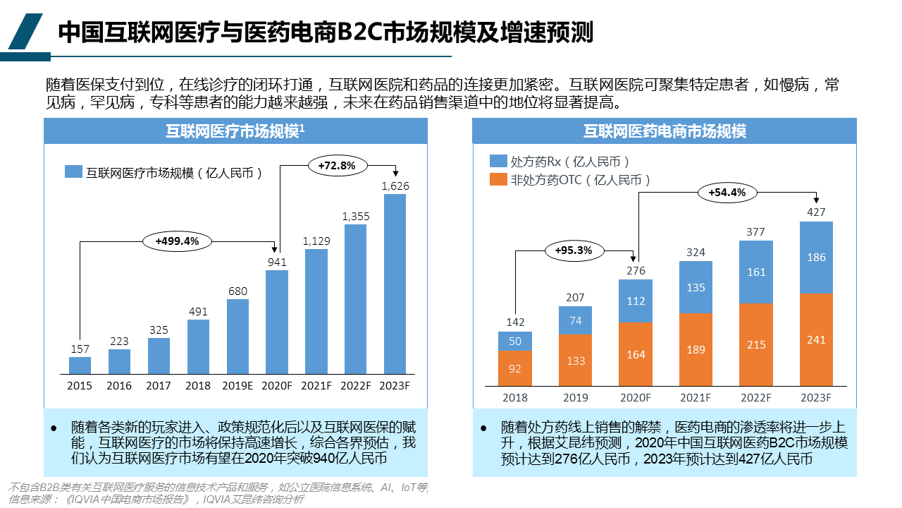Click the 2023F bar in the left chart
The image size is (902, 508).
(x=395, y=284)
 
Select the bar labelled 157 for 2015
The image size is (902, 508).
(x=80, y=365)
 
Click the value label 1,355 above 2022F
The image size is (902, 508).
(x=356, y=217)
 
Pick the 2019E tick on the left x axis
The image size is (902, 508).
(x=237, y=386)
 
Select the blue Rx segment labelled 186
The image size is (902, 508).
(x=816, y=258)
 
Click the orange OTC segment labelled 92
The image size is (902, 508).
(x=514, y=368)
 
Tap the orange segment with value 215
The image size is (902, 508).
(x=755, y=344)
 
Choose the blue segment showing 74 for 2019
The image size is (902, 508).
(x=576, y=320)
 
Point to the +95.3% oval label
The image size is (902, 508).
(x=573, y=250)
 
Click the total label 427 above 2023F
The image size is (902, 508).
(x=816, y=212)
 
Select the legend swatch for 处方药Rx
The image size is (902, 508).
(x=498, y=161)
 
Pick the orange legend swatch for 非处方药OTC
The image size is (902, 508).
(x=498, y=180)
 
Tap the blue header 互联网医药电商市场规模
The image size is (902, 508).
(x=664, y=131)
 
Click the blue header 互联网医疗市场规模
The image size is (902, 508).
(x=235, y=131)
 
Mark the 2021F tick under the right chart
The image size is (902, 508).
(x=696, y=398)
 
